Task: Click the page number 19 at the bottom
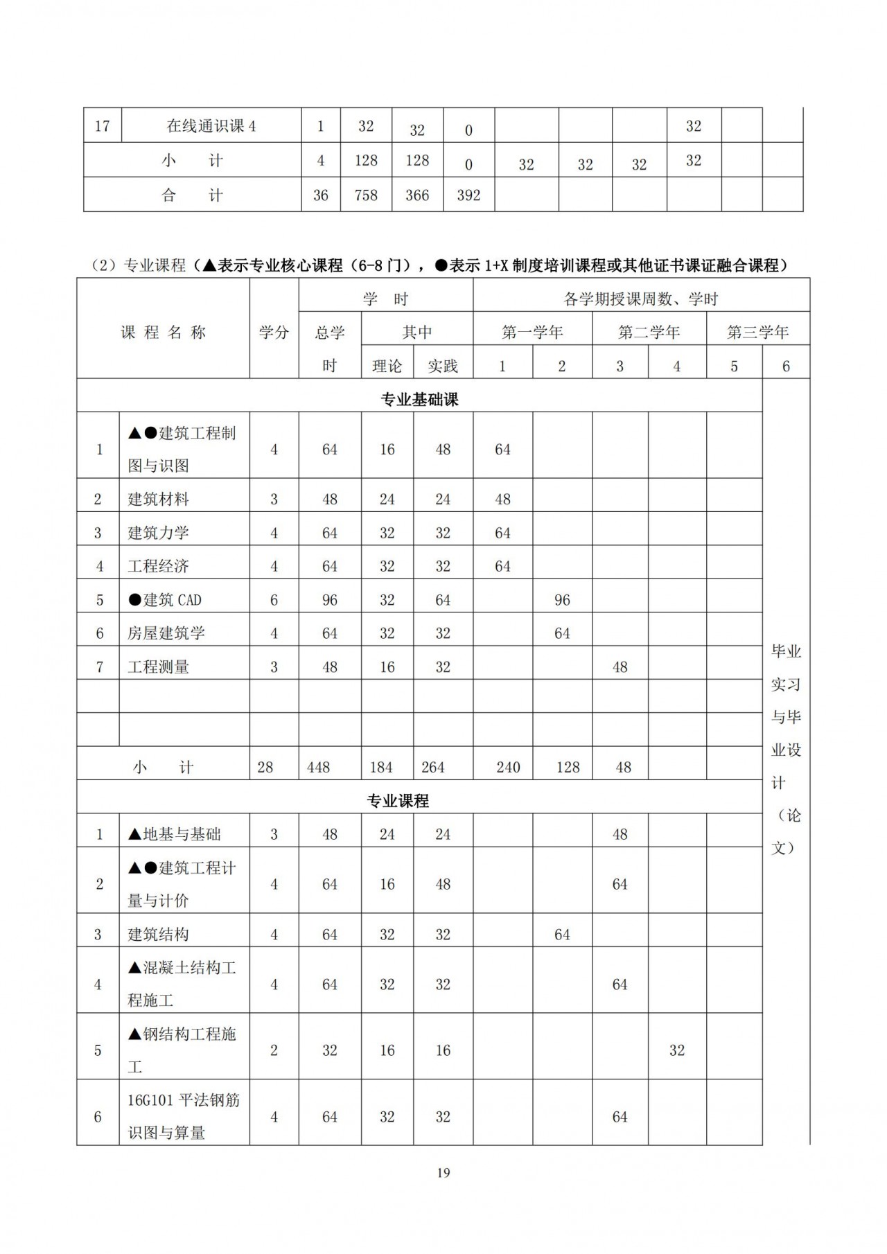pyautogui.click(x=443, y=1172)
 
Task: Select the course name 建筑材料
pyautogui.click(x=159, y=499)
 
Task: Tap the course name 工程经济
pyautogui.click(x=159, y=566)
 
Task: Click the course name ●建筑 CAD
pyautogui.click(x=165, y=600)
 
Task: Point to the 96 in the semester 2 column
pyautogui.click(x=562, y=600)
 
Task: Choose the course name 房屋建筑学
pyautogui.click(x=166, y=633)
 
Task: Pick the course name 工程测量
pyautogui.click(x=159, y=667)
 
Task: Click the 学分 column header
pyautogui.click(x=274, y=333)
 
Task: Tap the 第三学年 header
pyautogui.click(x=757, y=333)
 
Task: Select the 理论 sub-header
pyautogui.click(x=387, y=366)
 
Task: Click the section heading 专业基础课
pyautogui.click(x=419, y=400)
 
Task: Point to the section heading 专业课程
pyautogui.click(x=398, y=801)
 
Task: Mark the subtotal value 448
pyautogui.click(x=319, y=768)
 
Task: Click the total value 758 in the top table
pyautogui.click(x=366, y=195)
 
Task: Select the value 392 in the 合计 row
pyautogui.click(x=468, y=195)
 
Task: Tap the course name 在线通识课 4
pyautogui.click(x=211, y=126)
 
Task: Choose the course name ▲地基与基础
pyautogui.click(x=175, y=834)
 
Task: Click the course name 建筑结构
pyautogui.click(x=159, y=935)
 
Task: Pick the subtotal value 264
pyautogui.click(x=433, y=768)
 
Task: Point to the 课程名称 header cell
pyautogui.click(x=164, y=333)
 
